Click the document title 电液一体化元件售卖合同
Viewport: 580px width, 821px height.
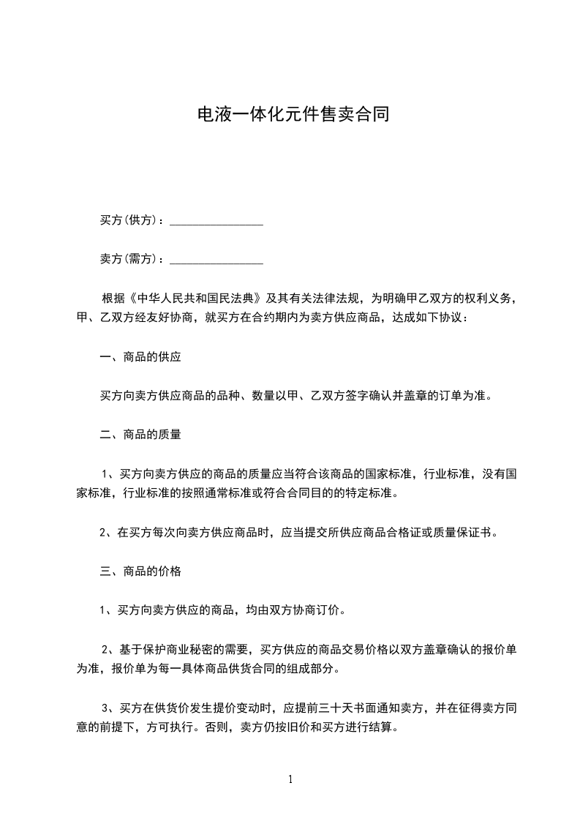tap(290, 115)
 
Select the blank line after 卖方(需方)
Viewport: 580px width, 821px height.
tap(216, 258)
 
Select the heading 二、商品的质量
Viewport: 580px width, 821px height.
tap(140, 434)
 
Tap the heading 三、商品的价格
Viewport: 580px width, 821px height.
tap(140, 571)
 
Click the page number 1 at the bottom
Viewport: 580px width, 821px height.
tap(290, 779)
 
